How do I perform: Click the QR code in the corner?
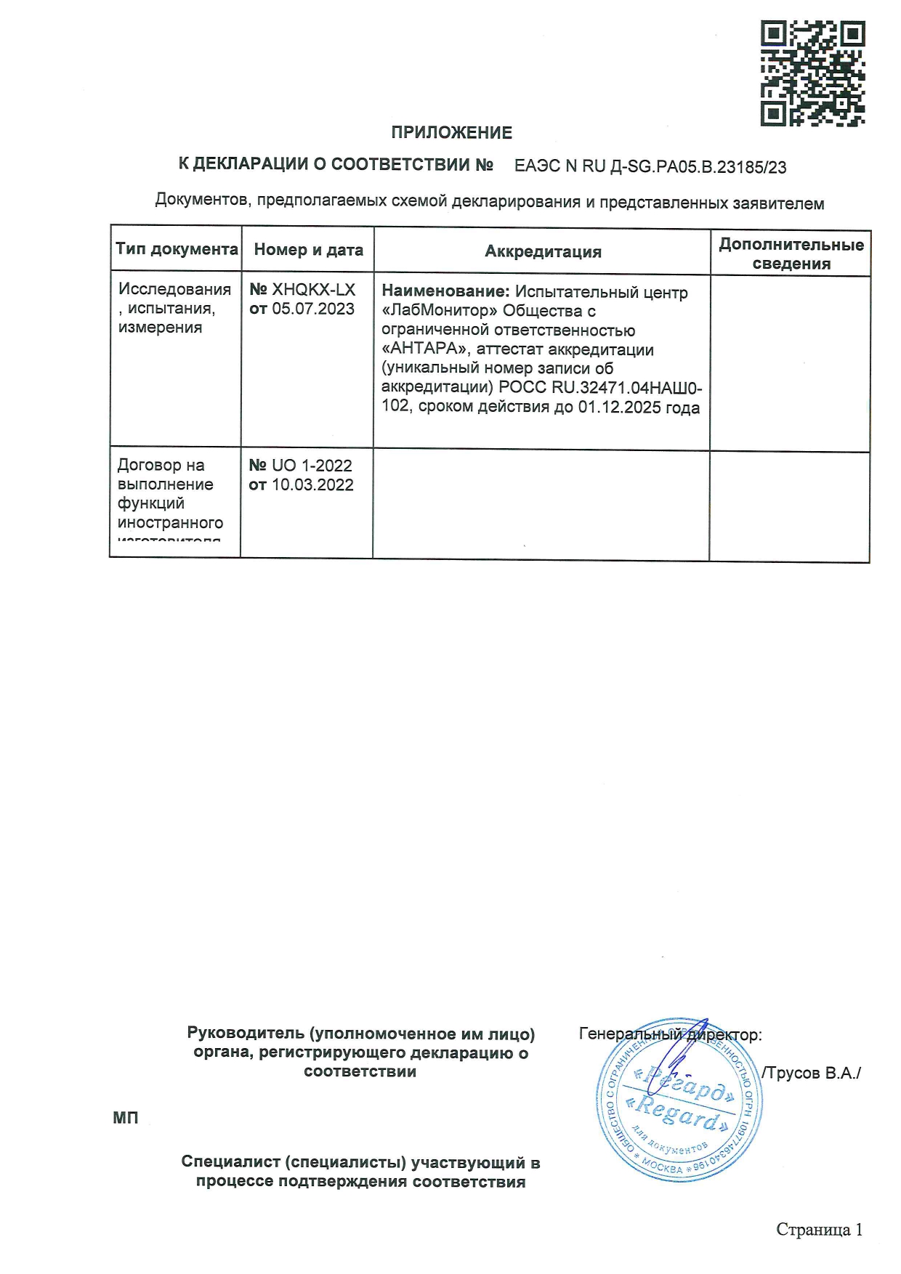click(x=812, y=73)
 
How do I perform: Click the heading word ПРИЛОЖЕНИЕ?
click(x=451, y=133)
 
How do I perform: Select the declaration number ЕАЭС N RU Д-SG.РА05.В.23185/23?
click(x=650, y=167)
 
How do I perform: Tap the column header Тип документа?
click(x=177, y=249)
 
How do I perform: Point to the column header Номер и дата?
click(x=308, y=250)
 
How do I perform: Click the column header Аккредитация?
click(x=543, y=252)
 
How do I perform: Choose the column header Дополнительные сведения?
click(x=791, y=253)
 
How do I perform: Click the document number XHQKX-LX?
click(x=313, y=290)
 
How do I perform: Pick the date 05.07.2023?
click(x=313, y=309)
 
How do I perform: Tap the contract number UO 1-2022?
click(x=312, y=466)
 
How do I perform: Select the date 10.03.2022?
click(x=312, y=484)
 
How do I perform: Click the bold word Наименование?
click(x=445, y=292)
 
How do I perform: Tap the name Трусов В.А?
click(x=812, y=1073)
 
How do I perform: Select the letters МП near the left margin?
click(x=125, y=1118)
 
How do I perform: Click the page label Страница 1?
click(x=819, y=1230)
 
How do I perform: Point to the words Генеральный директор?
click(x=669, y=1034)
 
